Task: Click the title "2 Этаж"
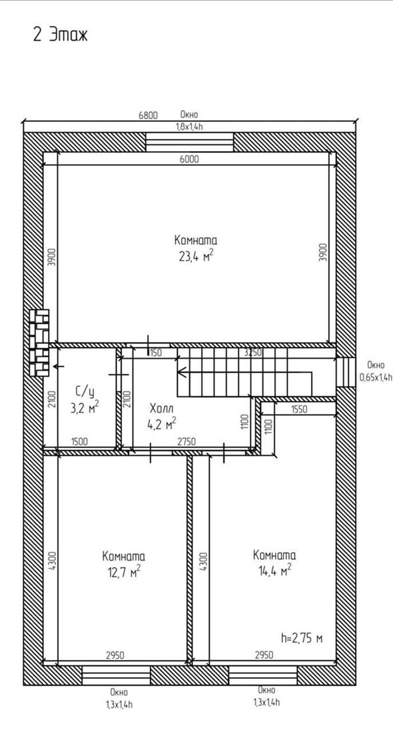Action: coord(60,35)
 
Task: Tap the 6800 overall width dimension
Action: coord(148,115)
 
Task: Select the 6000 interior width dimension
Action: coord(189,159)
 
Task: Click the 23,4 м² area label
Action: coord(196,256)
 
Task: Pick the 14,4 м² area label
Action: coord(275,570)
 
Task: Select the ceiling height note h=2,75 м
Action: coord(302,638)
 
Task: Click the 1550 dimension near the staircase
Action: coord(299,409)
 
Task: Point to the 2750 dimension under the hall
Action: coord(186,441)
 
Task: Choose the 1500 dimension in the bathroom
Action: coord(80,441)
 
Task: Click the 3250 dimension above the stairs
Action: coord(253,353)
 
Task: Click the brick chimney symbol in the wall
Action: coord(39,342)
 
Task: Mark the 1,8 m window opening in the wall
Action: coord(189,142)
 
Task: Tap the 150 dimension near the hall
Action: coord(156,353)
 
